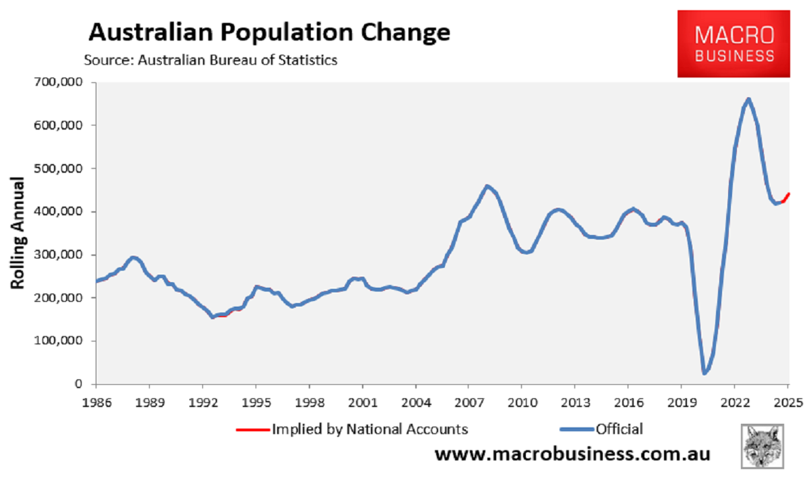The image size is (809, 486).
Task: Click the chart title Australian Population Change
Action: (269, 32)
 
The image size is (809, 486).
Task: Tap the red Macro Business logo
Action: (734, 44)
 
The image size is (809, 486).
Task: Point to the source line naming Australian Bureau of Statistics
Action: (210, 59)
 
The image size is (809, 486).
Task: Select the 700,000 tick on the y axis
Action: (62, 82)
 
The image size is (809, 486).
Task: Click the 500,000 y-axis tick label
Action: (62, 169)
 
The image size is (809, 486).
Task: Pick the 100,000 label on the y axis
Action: (62, 342)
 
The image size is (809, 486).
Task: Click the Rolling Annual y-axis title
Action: (18, 234)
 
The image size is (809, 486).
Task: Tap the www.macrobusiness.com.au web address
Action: (572, 454)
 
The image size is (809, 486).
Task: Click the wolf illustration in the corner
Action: (761, 446)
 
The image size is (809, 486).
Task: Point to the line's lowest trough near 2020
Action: (705, 373)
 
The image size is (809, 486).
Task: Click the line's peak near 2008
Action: (487, 186)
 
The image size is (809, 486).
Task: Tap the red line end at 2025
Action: (788, 193)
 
